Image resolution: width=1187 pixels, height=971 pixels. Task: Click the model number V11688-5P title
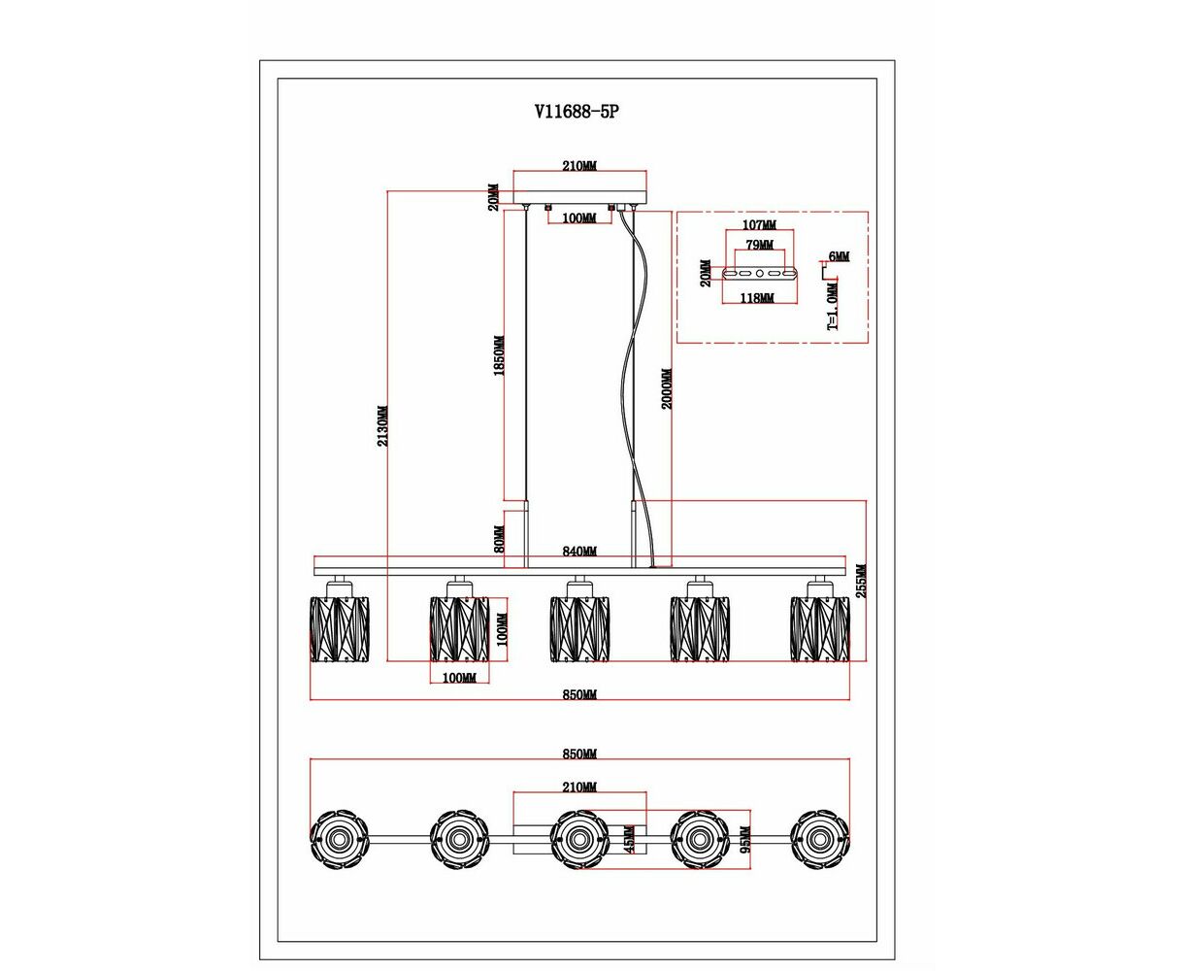(x=577, y=112)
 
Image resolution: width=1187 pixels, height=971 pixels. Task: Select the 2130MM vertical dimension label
(x=383, y=425)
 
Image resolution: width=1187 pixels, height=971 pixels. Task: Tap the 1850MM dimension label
(x=500, y=356)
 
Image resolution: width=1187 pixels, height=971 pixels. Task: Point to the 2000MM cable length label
(x=667, y=388)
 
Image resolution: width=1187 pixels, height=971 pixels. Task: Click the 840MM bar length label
(x=579, y=552)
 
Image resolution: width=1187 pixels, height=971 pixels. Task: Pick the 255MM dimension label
(x=862, y=581)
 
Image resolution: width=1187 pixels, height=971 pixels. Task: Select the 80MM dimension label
(x=500, y=539)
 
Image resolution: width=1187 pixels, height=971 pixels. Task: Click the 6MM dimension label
(x=839, y=257)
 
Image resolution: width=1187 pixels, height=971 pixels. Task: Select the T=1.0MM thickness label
(x=832, y=307)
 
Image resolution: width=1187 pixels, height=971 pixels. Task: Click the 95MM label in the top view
(x=744, y=838)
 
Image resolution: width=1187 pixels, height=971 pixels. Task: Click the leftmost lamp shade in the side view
(x=340, y=628)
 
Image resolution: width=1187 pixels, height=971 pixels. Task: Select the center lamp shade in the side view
(x=579, y=628)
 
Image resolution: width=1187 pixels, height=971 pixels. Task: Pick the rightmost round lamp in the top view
(x=819, y=838)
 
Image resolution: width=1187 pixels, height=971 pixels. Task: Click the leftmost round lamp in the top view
(x=339, y=838)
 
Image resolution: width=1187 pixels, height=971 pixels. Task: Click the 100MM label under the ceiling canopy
(x=578, y=218)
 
